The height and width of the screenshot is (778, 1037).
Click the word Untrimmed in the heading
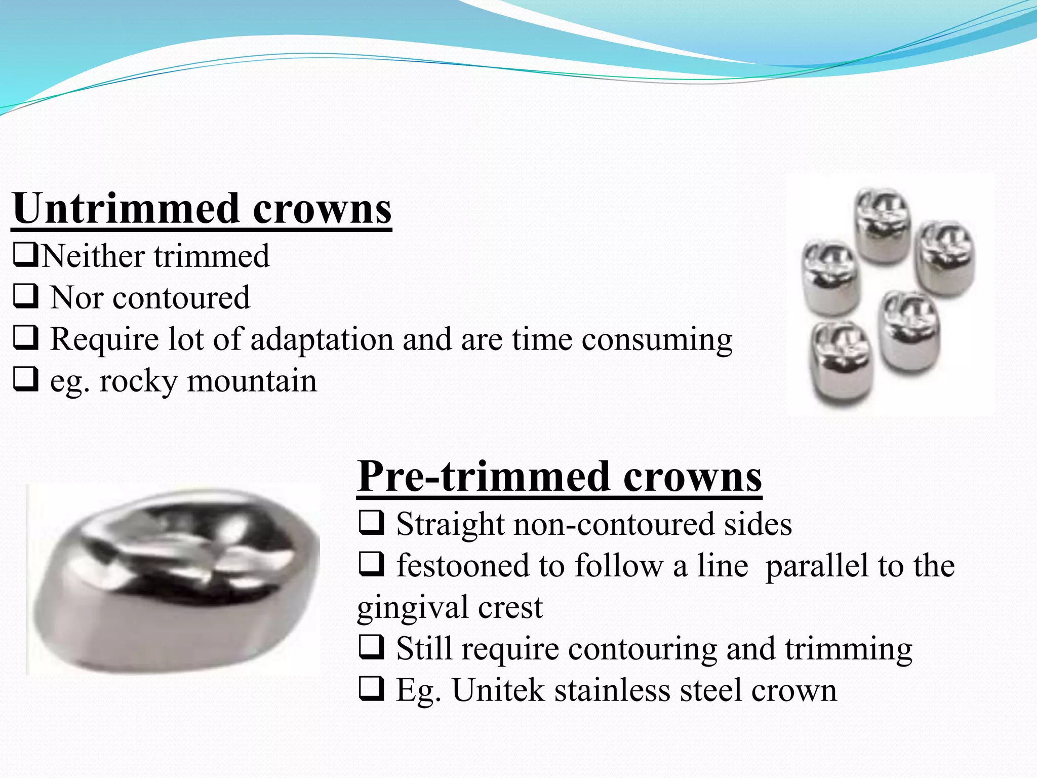(126, 209)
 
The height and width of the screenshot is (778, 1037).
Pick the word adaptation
(322, 339)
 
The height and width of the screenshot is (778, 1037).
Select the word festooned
(478, 565)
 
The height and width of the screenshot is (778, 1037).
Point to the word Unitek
(498, 690)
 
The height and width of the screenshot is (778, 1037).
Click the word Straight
(450, 524)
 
